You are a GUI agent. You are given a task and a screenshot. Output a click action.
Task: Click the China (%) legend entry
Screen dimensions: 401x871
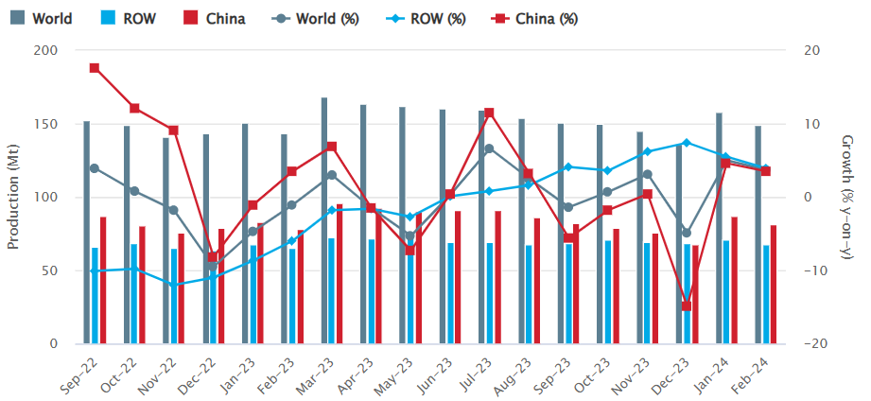[536, 18]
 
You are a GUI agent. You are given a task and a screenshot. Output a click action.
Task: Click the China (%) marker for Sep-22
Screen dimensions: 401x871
[95, 68]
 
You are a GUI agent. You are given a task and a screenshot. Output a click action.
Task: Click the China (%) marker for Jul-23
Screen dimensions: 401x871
[489, 113]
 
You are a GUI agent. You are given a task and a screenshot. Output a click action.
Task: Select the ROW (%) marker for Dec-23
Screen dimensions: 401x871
[687, 143]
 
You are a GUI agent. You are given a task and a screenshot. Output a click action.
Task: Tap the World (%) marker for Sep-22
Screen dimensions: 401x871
[95, 168]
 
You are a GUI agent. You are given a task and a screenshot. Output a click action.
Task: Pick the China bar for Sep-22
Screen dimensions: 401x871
[103, 280]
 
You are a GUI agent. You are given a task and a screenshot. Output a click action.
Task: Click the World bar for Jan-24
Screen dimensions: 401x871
[719, 228]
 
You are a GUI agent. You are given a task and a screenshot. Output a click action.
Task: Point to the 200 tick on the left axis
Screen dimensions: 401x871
[44, 51]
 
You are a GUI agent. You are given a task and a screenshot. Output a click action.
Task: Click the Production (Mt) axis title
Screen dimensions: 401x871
[13, 197]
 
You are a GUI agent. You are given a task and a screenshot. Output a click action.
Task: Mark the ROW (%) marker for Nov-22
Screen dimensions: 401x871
[173, 285]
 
